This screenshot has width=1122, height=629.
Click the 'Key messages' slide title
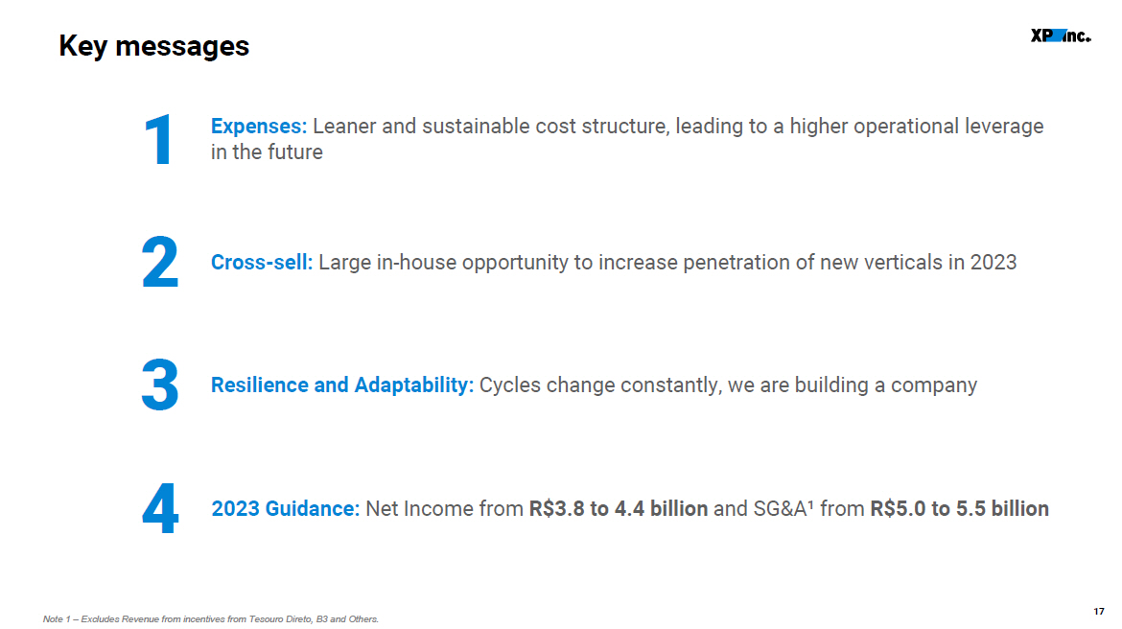click(x=153, y=47)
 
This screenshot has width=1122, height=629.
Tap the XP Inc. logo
click(x=1061, y=35)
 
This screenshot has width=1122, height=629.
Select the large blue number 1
click(x=158, y=140)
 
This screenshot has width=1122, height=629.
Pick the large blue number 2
click(x=159, y=262)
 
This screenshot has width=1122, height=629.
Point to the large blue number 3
click(x=159, y=385)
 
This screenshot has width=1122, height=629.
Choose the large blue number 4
click(x=160, y=508)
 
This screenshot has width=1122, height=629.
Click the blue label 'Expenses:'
click(x=258, y=127)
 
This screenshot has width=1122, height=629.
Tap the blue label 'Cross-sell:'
click(x=262, y=263)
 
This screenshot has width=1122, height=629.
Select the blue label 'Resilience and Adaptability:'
click(x=342, y=385)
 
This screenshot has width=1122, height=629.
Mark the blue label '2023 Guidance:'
click(x=286, y=509)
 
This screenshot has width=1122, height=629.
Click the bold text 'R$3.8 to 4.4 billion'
click(x=619, y=509)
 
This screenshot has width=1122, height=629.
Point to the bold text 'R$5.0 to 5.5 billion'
click(x=960, y=509)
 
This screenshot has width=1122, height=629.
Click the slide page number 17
click(x=1099, y=611)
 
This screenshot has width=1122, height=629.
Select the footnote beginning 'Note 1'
click(x=210, y=619)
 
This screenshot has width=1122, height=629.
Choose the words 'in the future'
click(x=267, y=152)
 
